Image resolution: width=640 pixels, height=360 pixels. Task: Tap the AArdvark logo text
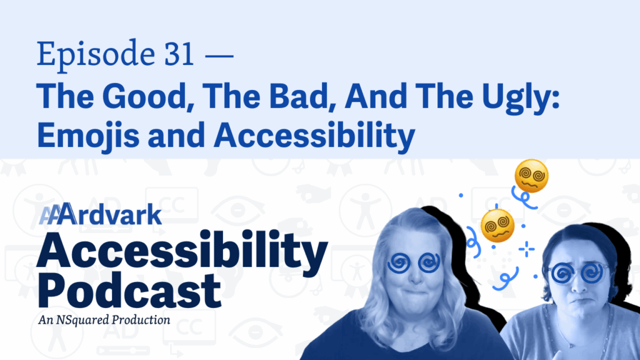pos(101,214)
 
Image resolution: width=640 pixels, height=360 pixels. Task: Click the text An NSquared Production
pos(104,319)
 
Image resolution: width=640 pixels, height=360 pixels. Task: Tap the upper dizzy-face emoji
pos(531,176)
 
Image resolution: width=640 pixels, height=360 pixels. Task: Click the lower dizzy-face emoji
pos(497,226)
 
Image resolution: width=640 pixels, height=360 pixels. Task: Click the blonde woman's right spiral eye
pos(429,262)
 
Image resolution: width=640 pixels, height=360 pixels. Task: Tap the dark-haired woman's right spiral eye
pos(592,272)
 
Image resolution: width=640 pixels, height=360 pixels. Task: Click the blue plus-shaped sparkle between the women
pos(526,249)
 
